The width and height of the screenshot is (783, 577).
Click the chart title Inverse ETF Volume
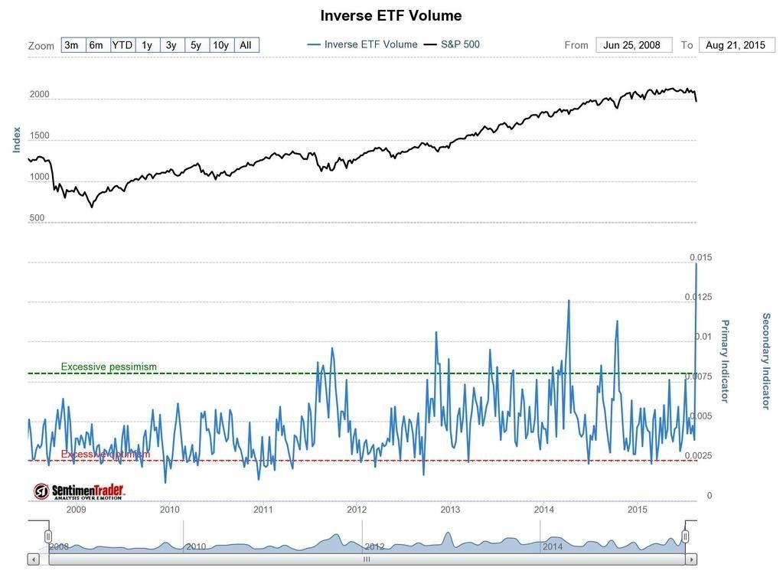[x=390, y=16]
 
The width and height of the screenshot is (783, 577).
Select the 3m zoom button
[x=71, y=45]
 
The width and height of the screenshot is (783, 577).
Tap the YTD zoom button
[x=122, y=45]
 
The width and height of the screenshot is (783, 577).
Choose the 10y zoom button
[x=220, y=45]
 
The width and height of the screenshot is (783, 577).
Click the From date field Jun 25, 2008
[x=633, y=45]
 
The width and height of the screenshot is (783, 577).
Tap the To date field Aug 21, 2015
[x=735, y=45]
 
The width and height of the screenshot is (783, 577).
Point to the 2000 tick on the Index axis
[x=40, y=95]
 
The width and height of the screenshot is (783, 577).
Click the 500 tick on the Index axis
[x=37, y=218]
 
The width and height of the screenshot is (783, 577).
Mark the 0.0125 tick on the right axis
[x=700, y=297]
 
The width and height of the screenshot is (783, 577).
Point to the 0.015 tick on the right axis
[x=700, y=257]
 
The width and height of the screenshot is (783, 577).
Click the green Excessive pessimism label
[x=109, y=367]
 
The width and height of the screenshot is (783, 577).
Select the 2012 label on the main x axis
[x=357, y=510]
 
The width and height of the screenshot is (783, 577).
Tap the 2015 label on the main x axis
[x=638, y=510]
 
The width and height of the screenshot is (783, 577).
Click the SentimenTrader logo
[x=78, y=491]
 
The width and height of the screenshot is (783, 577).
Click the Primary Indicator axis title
[x=724, y=361]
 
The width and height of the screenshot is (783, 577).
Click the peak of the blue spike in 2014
[x=569, y=301]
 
